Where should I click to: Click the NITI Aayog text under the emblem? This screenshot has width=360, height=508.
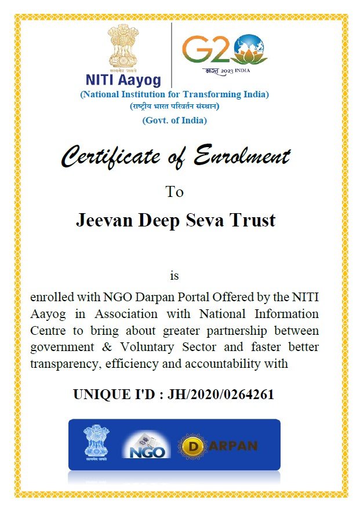click(x=123, y=79)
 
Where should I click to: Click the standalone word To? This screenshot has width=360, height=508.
click(x=174, y=192)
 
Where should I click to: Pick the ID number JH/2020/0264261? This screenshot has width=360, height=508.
click(x=220, y=395)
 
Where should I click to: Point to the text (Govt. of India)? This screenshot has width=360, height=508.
click(x=174, y=120)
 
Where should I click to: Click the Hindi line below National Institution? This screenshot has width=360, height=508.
click(x=174, y=107)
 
